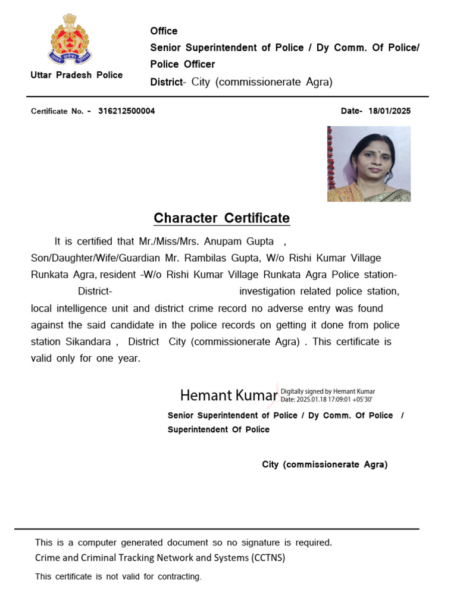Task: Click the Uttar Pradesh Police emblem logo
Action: coord(70,39)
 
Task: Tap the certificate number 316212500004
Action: coord(127,111)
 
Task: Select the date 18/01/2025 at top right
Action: coord(390,111)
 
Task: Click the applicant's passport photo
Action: coord(368,164)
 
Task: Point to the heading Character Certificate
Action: coord(221,218)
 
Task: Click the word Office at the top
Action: coord(164,31)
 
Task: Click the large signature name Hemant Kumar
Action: coord(228,395)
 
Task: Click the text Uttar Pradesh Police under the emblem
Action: coord(77,75)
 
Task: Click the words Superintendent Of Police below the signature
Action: coord(218,429)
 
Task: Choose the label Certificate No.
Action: coord(58,111)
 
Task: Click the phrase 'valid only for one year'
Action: coord(85,359)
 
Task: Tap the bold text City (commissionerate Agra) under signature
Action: coord(324,464)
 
